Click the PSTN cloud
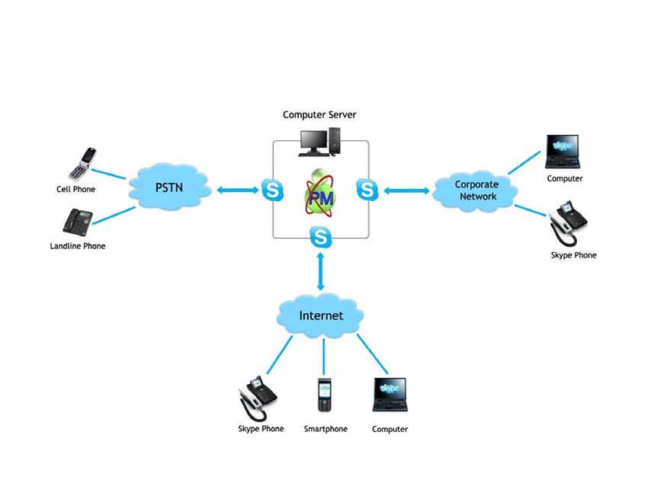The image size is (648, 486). point(169,188)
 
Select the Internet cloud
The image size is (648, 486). point(321,316)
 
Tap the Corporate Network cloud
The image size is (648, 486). point(475,190)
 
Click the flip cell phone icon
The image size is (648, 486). point(82,164)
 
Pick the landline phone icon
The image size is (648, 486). point(78,222)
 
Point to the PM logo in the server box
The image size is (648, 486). point(320,193)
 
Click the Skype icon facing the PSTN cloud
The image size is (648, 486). point(272,190)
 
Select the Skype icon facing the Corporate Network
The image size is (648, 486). point(367,190)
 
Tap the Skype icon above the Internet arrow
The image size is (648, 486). point(321,238)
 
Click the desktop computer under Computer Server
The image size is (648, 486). point(320,142)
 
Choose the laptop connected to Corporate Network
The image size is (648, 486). point(563,152)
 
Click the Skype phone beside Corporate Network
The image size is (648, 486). point(568,223)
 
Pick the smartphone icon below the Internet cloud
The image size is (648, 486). point(325,395)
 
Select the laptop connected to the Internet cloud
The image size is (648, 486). point(390,395)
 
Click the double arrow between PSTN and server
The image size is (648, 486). point(238,190)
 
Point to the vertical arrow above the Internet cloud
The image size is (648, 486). point(321,272)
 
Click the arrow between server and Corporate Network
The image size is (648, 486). point(406,190)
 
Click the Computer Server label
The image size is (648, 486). point(319,115)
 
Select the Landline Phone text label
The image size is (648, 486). point(78,246)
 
